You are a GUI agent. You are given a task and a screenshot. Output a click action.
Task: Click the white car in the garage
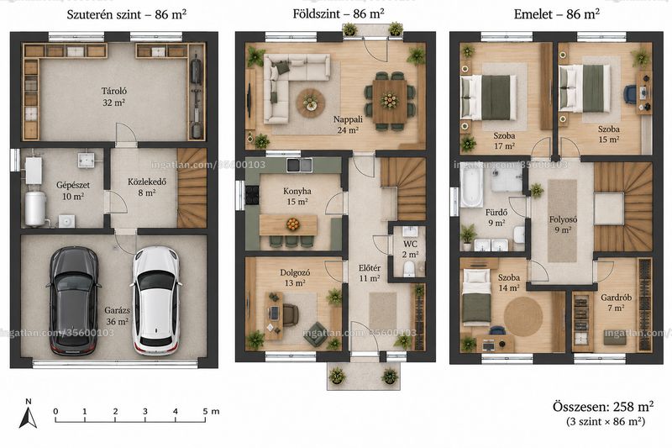point(155,301)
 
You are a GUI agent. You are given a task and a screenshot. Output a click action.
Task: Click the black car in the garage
point(73,302)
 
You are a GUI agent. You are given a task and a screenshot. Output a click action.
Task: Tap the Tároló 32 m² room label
point(113,97)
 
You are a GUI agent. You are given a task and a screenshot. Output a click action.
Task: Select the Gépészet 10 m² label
point(73,191)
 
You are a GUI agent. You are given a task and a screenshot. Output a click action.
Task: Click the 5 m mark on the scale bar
point(205,416)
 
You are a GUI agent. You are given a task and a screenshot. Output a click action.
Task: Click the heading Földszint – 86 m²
point(339,13)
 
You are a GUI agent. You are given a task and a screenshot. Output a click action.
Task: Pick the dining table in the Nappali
point(389,102)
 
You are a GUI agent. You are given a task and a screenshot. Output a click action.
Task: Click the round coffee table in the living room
point(311,103)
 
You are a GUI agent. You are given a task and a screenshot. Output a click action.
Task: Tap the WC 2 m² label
point(410,249)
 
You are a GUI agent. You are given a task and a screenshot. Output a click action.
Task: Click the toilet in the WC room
point(409,268)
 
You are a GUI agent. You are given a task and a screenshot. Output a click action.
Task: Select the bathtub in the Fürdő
point(471,187)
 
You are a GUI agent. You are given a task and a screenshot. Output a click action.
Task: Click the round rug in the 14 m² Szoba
point(523,316)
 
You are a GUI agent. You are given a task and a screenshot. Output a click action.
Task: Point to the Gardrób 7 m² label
point(616,303)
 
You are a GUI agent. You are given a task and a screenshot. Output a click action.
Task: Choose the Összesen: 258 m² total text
point(603,406)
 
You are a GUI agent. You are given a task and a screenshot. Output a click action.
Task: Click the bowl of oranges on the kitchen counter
point(293,224)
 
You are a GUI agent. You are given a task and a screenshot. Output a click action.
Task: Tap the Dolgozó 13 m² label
point(295,277)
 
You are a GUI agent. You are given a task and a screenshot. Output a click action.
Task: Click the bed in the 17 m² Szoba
point(489,98)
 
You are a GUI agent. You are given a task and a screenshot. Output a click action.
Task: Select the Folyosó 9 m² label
point(563,224)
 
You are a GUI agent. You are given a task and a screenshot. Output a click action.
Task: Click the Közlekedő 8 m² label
point(146,187)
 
